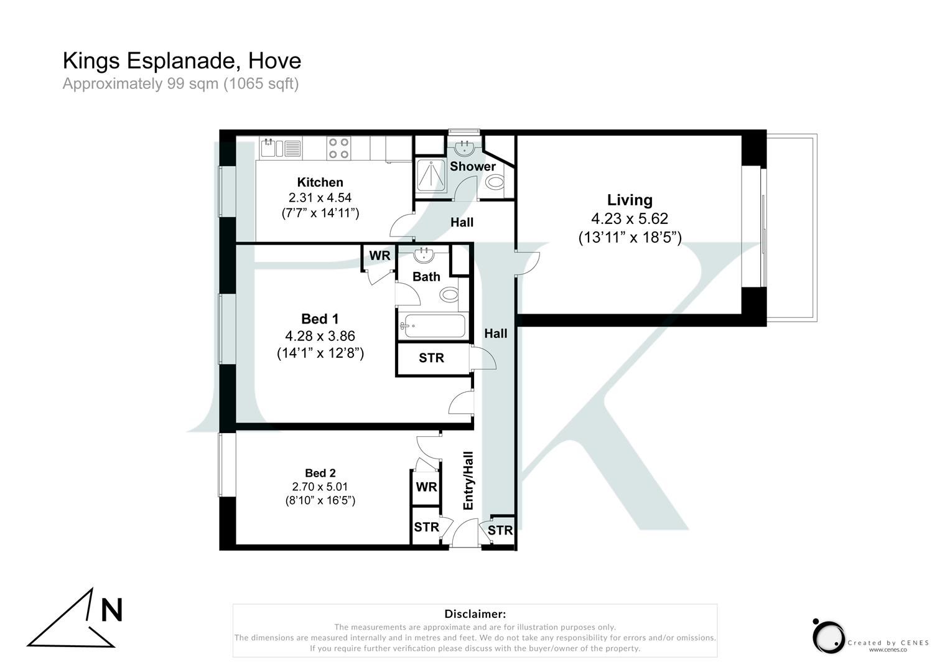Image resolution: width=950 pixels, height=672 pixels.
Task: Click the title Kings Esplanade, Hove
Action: click(182, 61)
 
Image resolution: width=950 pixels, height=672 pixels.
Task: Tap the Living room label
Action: click(630, 200)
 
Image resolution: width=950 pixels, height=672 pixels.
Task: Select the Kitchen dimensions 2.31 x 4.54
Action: click(320, 198)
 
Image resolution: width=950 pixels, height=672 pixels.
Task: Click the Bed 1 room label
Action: click(320, 319)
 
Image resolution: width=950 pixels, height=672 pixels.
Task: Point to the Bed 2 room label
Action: click(320, 473)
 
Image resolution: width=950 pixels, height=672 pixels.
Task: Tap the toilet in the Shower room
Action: click(495, 182)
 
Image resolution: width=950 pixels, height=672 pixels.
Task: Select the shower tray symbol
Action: click(431, 175)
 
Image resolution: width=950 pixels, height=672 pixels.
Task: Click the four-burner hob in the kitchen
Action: click(338, 148)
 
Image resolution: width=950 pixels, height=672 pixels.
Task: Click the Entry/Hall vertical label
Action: click(468, 480)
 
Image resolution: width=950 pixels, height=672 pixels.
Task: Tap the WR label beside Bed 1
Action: click(380, 256)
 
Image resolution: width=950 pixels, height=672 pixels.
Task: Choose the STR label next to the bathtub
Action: click(431, 358)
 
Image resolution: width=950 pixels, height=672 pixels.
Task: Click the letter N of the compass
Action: click(111, 610)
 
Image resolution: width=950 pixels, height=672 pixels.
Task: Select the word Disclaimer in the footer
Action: click(475, 614)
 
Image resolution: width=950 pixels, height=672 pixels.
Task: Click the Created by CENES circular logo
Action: click(828, 635)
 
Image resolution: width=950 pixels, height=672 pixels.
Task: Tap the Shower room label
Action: click(473, 166)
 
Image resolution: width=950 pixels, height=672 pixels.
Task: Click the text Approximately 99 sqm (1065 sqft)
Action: click(180, 83)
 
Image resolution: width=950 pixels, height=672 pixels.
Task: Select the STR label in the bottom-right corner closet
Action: click(500, 530)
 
